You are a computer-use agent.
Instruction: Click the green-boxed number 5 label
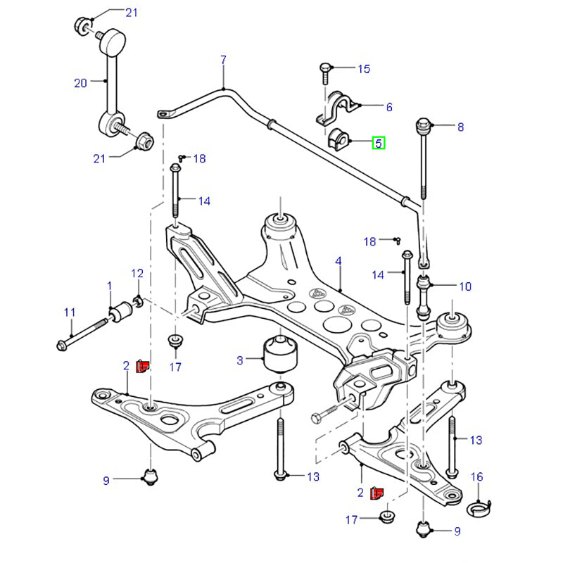point(379,143)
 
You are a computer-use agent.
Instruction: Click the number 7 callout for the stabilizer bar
point(223,60)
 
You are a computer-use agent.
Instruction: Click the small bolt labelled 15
point(325,69)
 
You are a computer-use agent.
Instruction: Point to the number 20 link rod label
point(80,82)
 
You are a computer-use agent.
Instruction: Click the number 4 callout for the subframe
point(338,262)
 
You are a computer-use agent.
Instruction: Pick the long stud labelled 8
point(425,162)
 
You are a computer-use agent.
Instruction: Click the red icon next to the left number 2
point(143,365)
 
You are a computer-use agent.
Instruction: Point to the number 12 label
point(137,273)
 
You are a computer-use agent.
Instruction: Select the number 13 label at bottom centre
point(312,476)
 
